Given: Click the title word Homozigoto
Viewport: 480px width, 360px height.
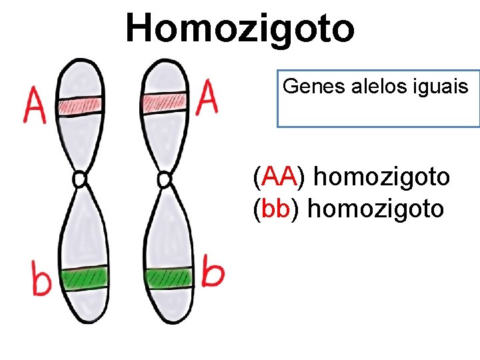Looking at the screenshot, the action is pos(240,28).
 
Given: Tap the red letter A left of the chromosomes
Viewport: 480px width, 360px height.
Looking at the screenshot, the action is pos(35,105).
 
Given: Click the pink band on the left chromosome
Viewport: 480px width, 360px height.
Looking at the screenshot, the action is pos(79,104).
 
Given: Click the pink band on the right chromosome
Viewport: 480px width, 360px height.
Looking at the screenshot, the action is pos(163,101).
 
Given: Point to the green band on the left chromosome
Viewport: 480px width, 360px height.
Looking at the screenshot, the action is pos(85,276).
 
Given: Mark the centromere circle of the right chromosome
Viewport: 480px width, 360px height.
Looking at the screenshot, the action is pos(163,179).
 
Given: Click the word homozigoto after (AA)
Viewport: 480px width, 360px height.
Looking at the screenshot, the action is pos(381,177).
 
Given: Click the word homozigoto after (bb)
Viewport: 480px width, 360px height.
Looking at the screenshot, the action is pos(377,209).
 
